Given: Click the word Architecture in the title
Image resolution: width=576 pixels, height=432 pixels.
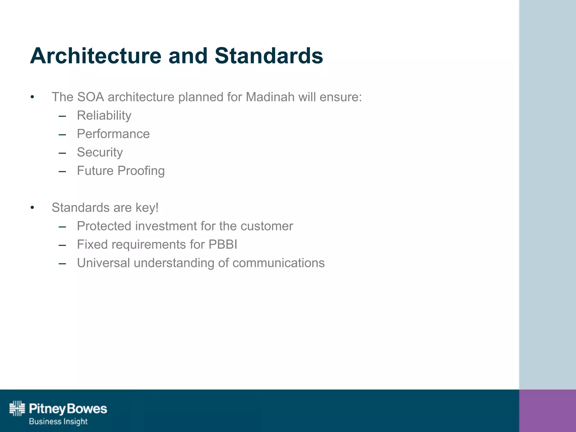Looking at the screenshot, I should click(96, 56).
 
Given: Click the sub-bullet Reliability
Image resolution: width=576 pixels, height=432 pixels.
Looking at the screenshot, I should click(104, 115).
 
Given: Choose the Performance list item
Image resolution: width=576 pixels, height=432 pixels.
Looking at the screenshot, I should click(113, 134).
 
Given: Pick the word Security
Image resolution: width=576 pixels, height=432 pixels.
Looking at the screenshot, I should click(100, 152).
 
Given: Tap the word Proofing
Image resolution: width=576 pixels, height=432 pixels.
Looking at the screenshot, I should click(141, 171).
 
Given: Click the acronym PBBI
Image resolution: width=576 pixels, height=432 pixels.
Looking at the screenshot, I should click(223, 244).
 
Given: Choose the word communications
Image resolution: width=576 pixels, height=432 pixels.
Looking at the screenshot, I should click(278, 263).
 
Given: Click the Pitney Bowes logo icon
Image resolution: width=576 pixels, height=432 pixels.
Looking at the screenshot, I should click(17, 408).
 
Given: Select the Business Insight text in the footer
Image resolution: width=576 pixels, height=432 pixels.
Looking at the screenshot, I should click(58, 421).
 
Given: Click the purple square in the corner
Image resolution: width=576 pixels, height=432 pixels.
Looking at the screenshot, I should click(547, 411).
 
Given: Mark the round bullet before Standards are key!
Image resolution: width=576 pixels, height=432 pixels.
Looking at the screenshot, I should click(32, 208).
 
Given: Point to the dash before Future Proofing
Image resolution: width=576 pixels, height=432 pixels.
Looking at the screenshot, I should click(62, 171).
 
